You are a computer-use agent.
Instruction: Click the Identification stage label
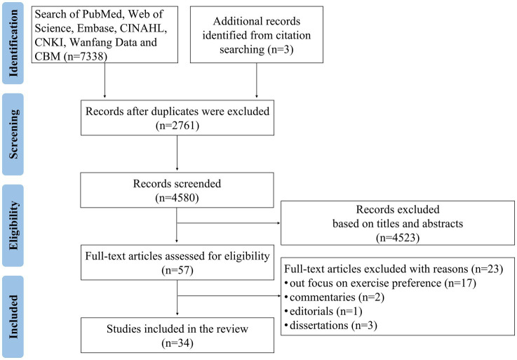[x=13, y=44]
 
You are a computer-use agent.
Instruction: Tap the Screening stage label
[x=13, y=134]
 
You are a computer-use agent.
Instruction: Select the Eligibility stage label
[x=13, y=225]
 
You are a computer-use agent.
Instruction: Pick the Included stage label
[x=13, y=316]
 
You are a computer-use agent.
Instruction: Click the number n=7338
[x=86, y=56]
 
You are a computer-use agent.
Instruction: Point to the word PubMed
[x=104, y=14]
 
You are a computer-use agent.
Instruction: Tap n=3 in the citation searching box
[x=281, y=50]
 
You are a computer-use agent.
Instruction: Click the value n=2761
[x=177, y=126]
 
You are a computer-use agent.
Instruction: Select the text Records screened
[x=177, y=183]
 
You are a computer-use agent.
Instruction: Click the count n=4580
[x=177, y=198]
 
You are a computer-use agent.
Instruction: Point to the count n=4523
[x=398, y=238]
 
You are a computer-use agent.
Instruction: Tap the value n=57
[x=177, y=271]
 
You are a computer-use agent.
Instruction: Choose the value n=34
[x=177, y=343]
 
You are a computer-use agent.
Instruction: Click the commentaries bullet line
[x=334, y=298]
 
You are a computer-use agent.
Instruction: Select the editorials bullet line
[x=323, y=312]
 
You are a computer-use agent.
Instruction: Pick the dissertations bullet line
[x=330, y=326]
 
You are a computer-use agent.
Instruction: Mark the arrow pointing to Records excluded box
[x=228, y=223]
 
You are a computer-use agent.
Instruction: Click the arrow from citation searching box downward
[x=257, y=80]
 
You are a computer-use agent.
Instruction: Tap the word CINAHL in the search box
[x=143, y=28]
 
